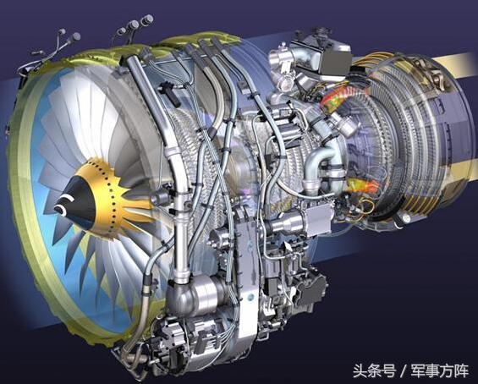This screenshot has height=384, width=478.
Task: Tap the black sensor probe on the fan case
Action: coord(170,92)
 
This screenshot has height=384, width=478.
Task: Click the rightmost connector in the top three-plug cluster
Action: coord(147,19)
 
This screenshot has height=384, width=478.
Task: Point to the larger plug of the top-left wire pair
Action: coord(74,37)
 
